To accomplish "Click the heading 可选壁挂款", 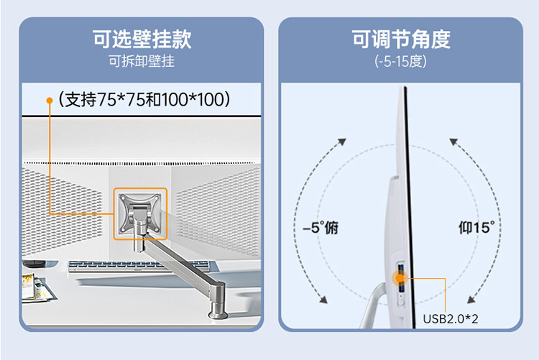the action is point(142,38).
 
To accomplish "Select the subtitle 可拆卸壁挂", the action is point(142,61).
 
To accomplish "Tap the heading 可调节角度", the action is point(400,38).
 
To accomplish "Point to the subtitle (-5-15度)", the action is point(400,61).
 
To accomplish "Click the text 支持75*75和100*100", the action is point(148,98).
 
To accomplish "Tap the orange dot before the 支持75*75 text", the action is point(50,99).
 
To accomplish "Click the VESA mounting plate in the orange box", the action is point(139,213).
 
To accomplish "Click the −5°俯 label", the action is point(320,228).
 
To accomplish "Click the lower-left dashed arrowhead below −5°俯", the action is point(323,298).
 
